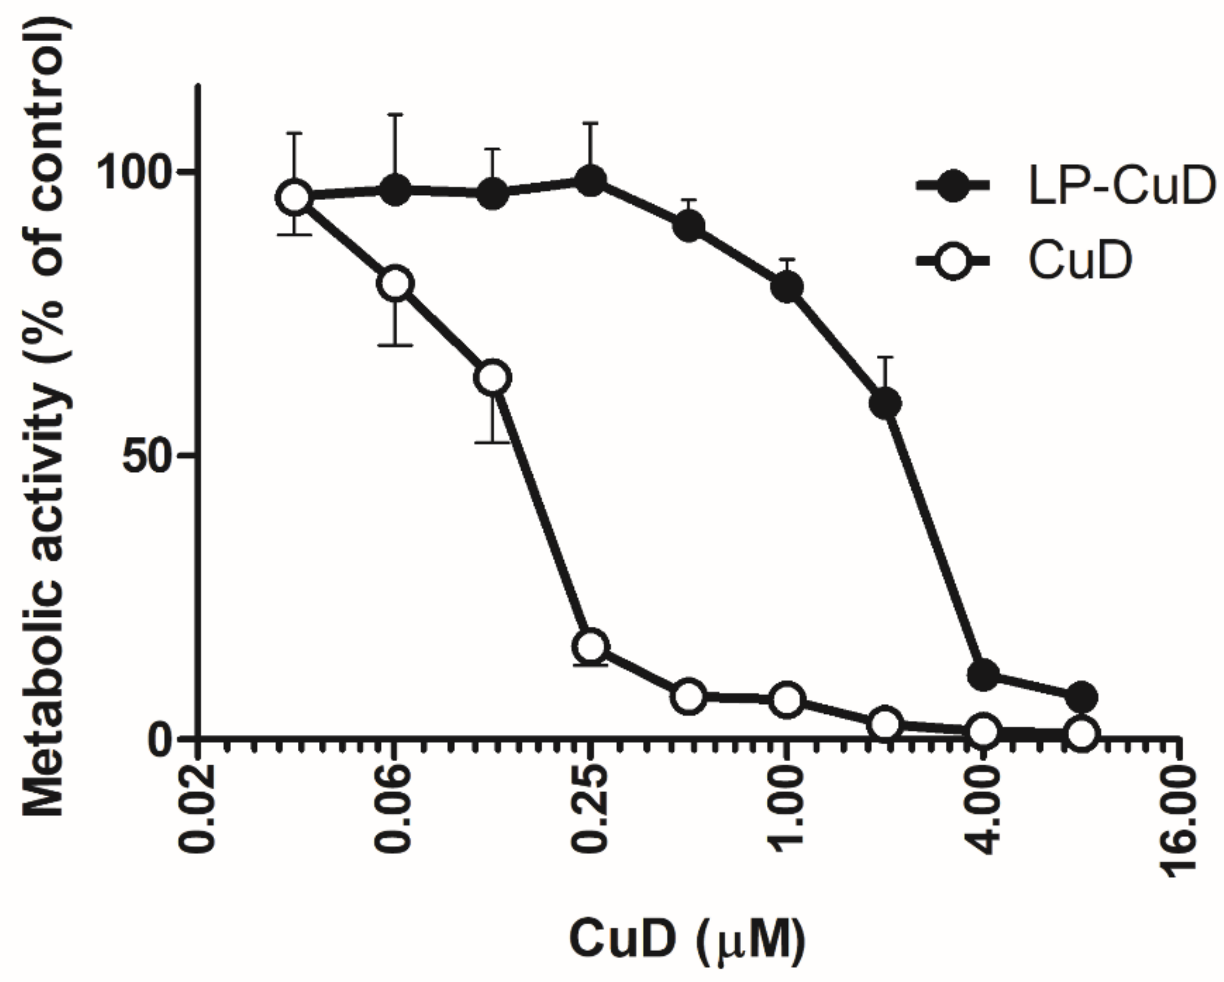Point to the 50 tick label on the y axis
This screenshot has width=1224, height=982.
tap(151, 455)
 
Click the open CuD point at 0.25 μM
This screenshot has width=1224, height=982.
tap(590, 646)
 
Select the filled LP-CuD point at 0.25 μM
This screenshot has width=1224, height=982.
tap(590, 181)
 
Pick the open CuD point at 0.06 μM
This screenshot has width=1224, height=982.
tap(395, 283)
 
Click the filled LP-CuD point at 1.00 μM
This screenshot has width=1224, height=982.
tap(787, 286)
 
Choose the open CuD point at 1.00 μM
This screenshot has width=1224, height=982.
tap(787, 699)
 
